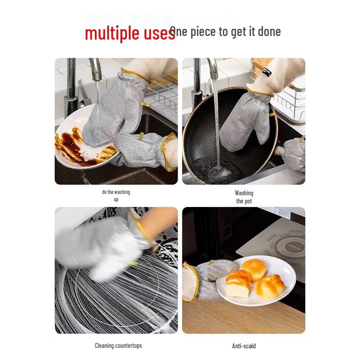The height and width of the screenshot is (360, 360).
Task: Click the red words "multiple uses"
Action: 130,33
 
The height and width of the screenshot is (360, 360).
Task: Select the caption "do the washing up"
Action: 116,195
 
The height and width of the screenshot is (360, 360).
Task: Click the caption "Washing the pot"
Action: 244,197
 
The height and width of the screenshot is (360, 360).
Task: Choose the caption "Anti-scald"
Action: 244,346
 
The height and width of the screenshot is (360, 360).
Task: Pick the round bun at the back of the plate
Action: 253,269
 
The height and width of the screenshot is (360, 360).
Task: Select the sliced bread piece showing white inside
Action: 238,284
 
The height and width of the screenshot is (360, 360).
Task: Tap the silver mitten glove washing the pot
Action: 245,119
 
